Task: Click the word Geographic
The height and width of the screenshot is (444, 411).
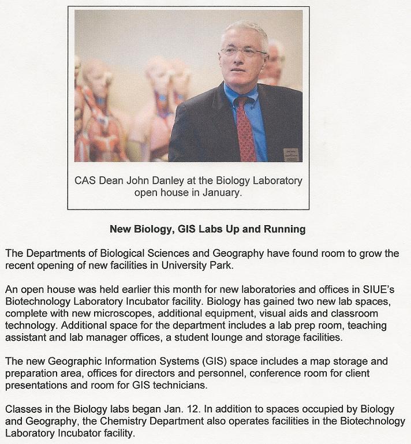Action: [x=65, y=362]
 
